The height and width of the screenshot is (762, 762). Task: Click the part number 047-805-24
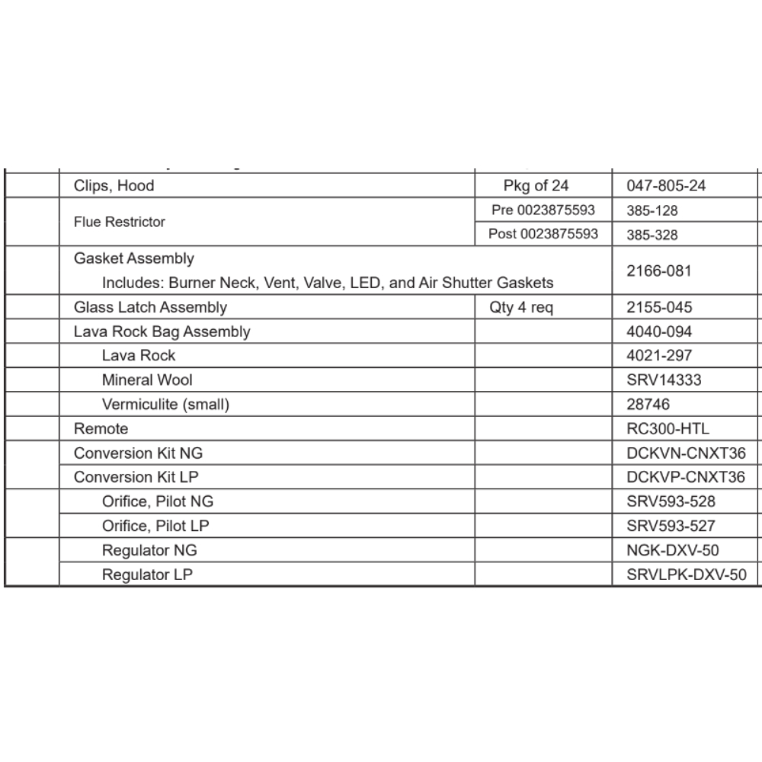click(666, 186)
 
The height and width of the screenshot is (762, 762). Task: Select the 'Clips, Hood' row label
click(114, 186)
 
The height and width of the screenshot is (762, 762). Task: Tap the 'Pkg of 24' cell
click(536, 186)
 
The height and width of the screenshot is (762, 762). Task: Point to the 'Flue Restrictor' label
click(120, 222)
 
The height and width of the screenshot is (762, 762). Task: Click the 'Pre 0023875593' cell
click(543, 210)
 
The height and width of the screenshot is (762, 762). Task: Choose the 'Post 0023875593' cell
click(543, 235)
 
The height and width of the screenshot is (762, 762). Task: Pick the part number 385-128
click(652, 210)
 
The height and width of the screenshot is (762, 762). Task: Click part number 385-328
click(652, 235)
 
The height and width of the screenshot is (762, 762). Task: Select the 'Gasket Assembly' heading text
click(134, 259)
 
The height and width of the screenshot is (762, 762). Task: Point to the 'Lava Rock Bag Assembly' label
click(162, 331)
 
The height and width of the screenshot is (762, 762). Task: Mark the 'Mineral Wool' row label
click(147, 379)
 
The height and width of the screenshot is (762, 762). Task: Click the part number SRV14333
click(664, 379)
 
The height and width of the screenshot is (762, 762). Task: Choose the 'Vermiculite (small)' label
click(165, 404)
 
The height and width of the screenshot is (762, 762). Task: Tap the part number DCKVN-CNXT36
click(686, 453)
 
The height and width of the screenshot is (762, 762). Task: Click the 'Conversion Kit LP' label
click(138, 477)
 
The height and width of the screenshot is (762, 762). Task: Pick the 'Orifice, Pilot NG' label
click(158, 501)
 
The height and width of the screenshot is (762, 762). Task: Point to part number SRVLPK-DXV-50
click(687, 575)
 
